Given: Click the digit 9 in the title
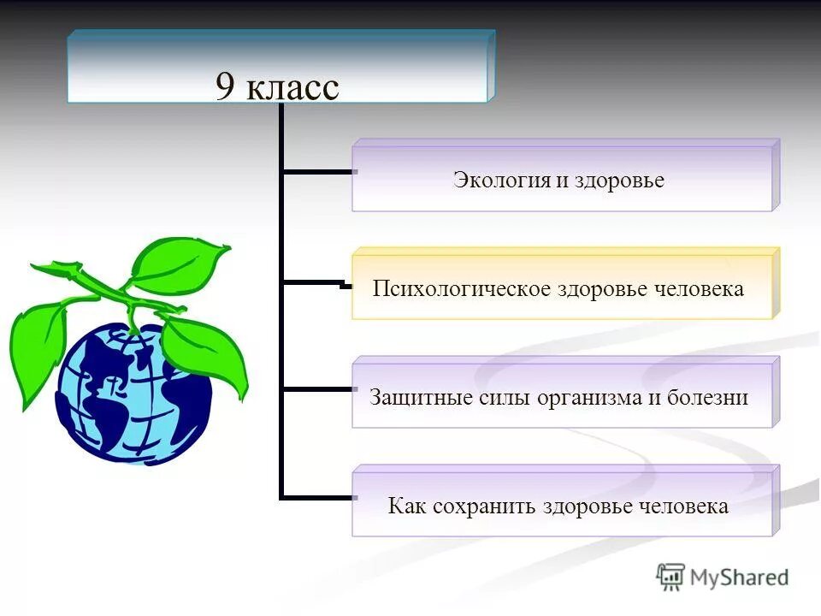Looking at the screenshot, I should click(x=226, y=87).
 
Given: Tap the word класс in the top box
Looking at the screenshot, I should click(x=293, y=88).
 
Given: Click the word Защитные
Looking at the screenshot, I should click(x=413, y=398).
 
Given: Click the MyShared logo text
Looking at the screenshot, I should click(x=739, y=577).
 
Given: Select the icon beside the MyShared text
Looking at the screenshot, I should click(x=671, y=577).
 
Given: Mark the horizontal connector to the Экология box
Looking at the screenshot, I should click(x=316, y=172).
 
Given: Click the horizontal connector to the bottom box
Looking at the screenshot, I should click(x=316, y=497).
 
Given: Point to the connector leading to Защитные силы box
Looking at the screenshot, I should click(x=316, y=389).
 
